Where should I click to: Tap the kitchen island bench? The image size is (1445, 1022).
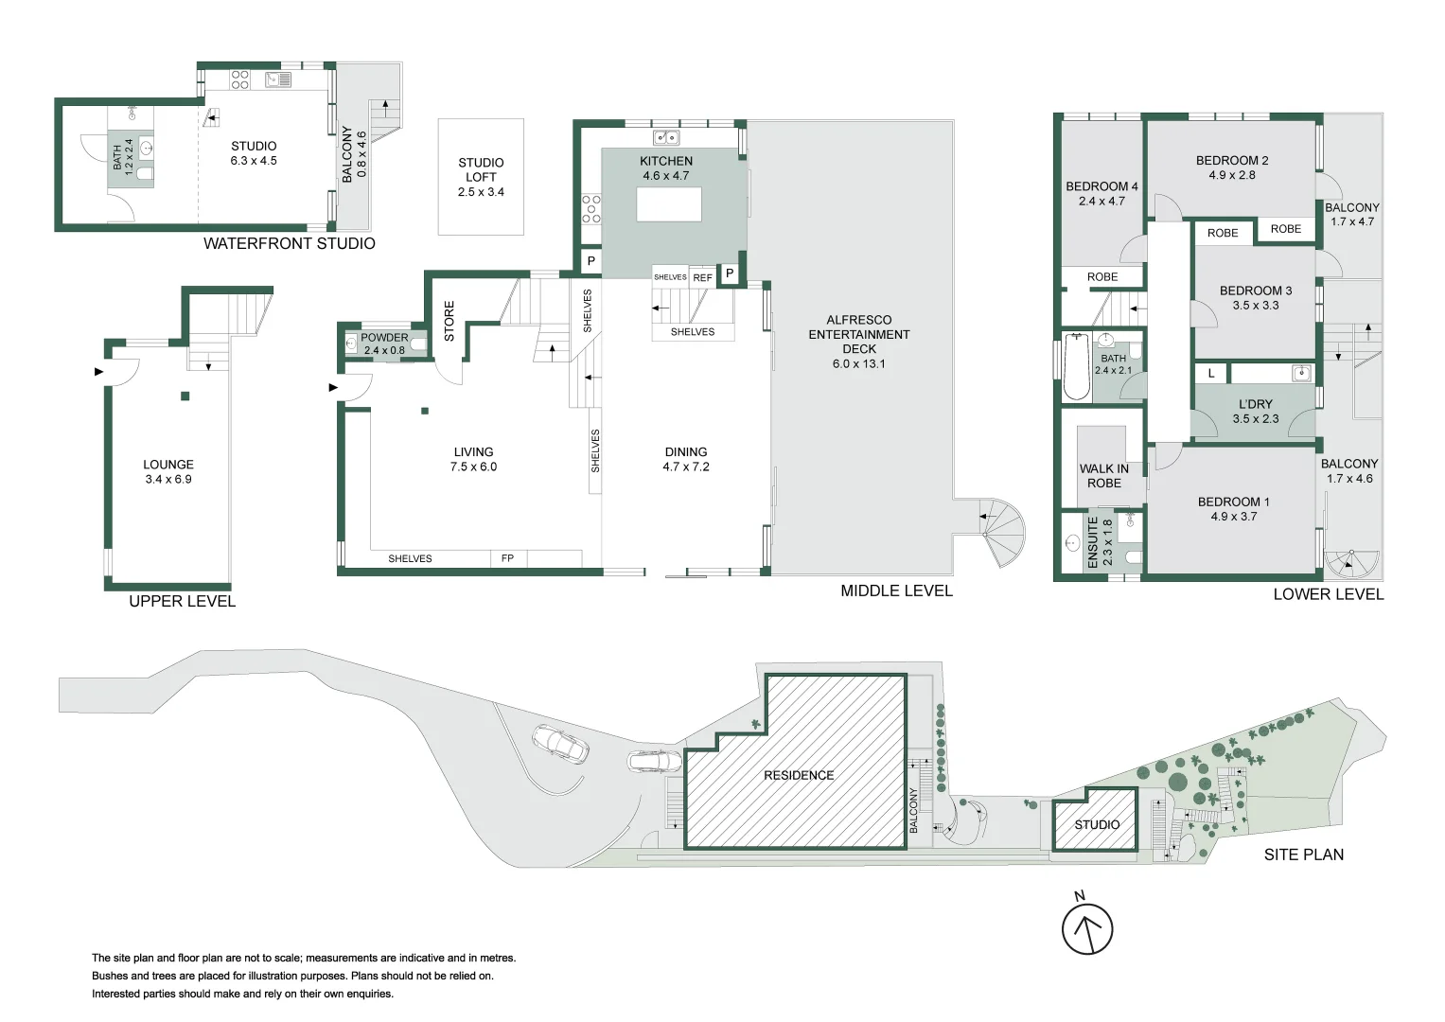click(x=669, y=204)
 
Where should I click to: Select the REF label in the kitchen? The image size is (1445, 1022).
click(x=702, y=277)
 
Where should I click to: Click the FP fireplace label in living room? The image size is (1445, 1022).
click(x=507, y=558)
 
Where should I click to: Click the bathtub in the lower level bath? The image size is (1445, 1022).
click(x=1076, y=366)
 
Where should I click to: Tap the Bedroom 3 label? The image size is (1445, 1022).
click(x=1255, y=291)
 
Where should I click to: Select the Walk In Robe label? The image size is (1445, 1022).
click(x=1103, y=475)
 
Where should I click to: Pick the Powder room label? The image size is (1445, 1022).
click(x=384, y=337)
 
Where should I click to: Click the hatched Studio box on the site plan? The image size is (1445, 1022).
click(x=1096, y=824)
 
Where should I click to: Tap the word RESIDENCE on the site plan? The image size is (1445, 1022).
click(x=799, y=775)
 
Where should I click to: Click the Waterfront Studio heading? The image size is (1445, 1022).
click(x=289, y=243)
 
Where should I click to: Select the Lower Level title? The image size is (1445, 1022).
click(x=1328, y=594)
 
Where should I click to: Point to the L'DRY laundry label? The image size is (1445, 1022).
click(x=1255, y=404)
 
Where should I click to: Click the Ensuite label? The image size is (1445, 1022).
click(x=1093, y=542)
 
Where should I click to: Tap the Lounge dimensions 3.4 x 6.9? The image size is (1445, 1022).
click(x=168, y=479)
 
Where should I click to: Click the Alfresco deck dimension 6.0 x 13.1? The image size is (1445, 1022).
click(x=858, y=363)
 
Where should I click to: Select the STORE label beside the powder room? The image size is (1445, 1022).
click(x=449, y=321)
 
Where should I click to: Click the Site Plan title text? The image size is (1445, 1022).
click(x=1303, y=855)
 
